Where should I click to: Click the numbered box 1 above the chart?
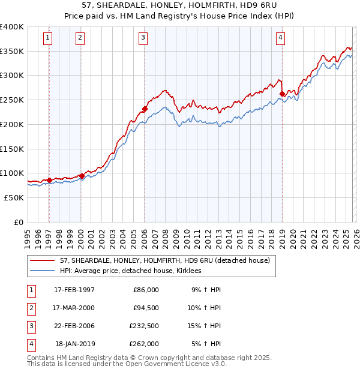tap(48, 38)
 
